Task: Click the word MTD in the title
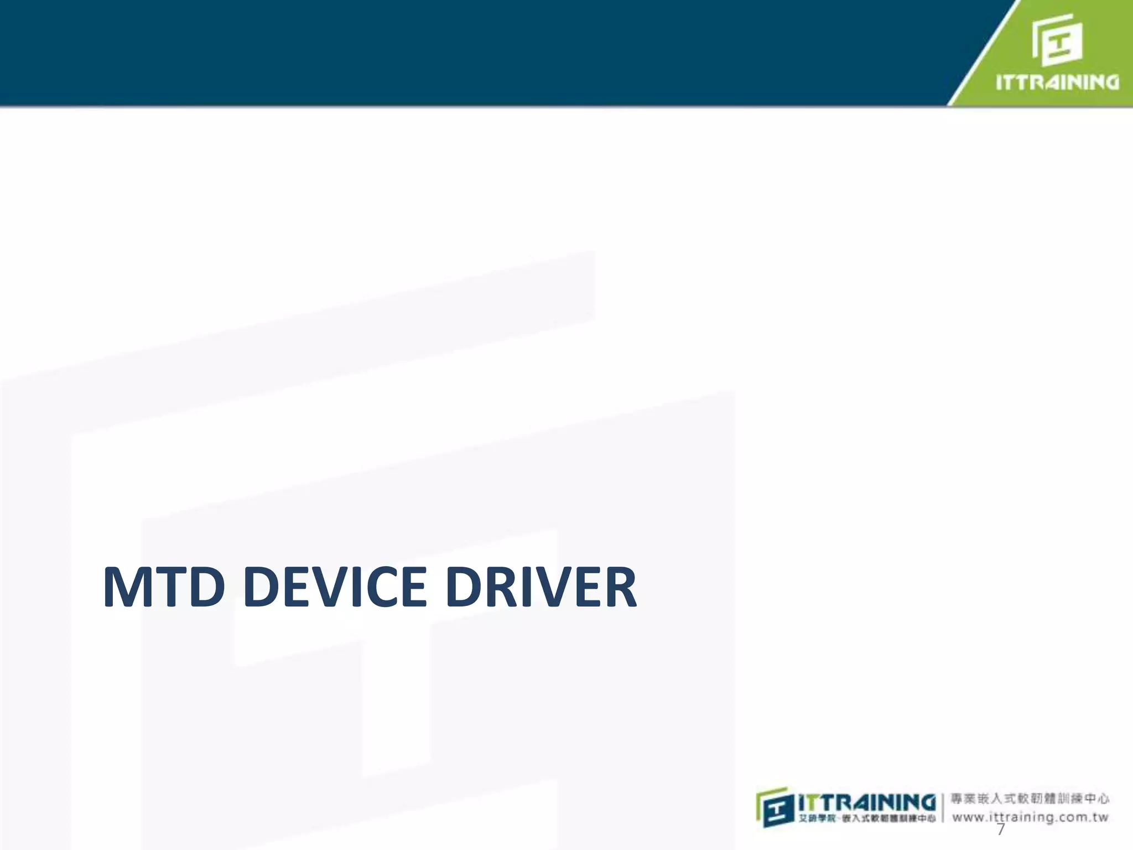[164, 587]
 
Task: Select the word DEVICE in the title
[335, 587]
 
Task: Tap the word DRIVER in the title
[541, 587]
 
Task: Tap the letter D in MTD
[205, 587]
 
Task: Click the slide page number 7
[1000, 830]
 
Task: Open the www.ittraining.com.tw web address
[1030, 817]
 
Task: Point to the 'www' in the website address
[969, 817]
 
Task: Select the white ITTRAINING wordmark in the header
[1057, 82]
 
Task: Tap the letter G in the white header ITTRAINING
[1109, 82]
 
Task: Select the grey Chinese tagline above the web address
[1030, 799]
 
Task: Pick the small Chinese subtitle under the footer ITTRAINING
[867, 818]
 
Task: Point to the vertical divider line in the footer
[943, 808]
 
